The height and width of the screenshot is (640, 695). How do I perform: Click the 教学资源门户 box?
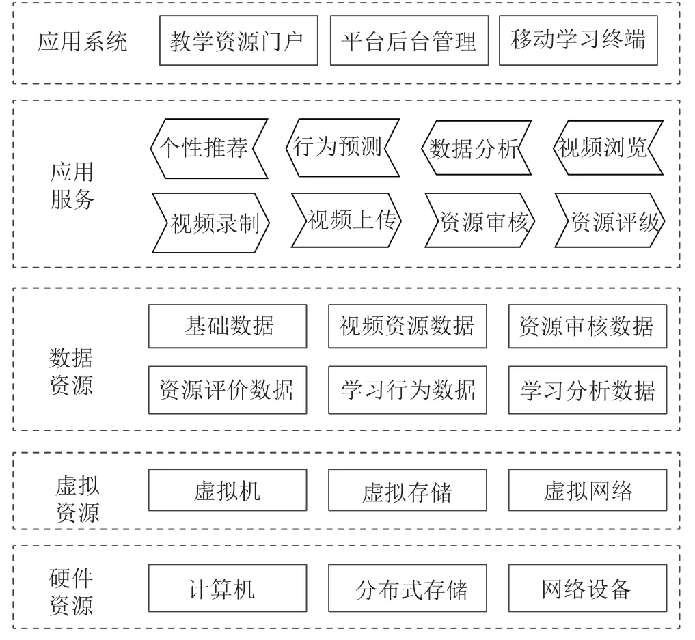pos(239,41)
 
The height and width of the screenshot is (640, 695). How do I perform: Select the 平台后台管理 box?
pos(409,41)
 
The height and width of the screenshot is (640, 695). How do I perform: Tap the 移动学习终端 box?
pos(578,41)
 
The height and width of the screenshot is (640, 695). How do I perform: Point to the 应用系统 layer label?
pos(83,42)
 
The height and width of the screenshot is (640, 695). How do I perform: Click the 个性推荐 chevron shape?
pos(209,148)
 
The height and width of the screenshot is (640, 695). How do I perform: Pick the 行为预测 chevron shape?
pos(342,148)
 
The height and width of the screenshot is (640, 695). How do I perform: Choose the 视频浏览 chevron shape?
pos(608,148)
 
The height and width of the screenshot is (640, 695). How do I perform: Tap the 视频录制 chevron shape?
pos(210,223)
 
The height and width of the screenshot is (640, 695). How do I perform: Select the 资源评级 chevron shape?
pos(610,220)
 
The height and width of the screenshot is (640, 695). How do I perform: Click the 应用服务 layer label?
pos(72,185)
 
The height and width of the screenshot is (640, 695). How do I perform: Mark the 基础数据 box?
pos(228,326)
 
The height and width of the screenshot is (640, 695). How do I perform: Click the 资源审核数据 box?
pos(587,326)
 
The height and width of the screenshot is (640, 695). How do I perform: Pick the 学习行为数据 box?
pos(407,390)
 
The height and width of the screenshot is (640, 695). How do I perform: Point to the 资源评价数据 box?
pos(228,390)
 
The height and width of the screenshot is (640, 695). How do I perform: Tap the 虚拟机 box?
pos(228,490)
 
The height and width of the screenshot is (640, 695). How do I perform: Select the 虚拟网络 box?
pos(587,490)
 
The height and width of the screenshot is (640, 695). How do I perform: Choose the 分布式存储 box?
pos(407,587)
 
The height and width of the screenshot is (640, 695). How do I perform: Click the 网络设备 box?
pos(587,587)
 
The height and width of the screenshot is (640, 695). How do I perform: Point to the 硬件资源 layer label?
pos(71,592)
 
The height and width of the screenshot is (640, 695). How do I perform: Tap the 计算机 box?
pos(228,587)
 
